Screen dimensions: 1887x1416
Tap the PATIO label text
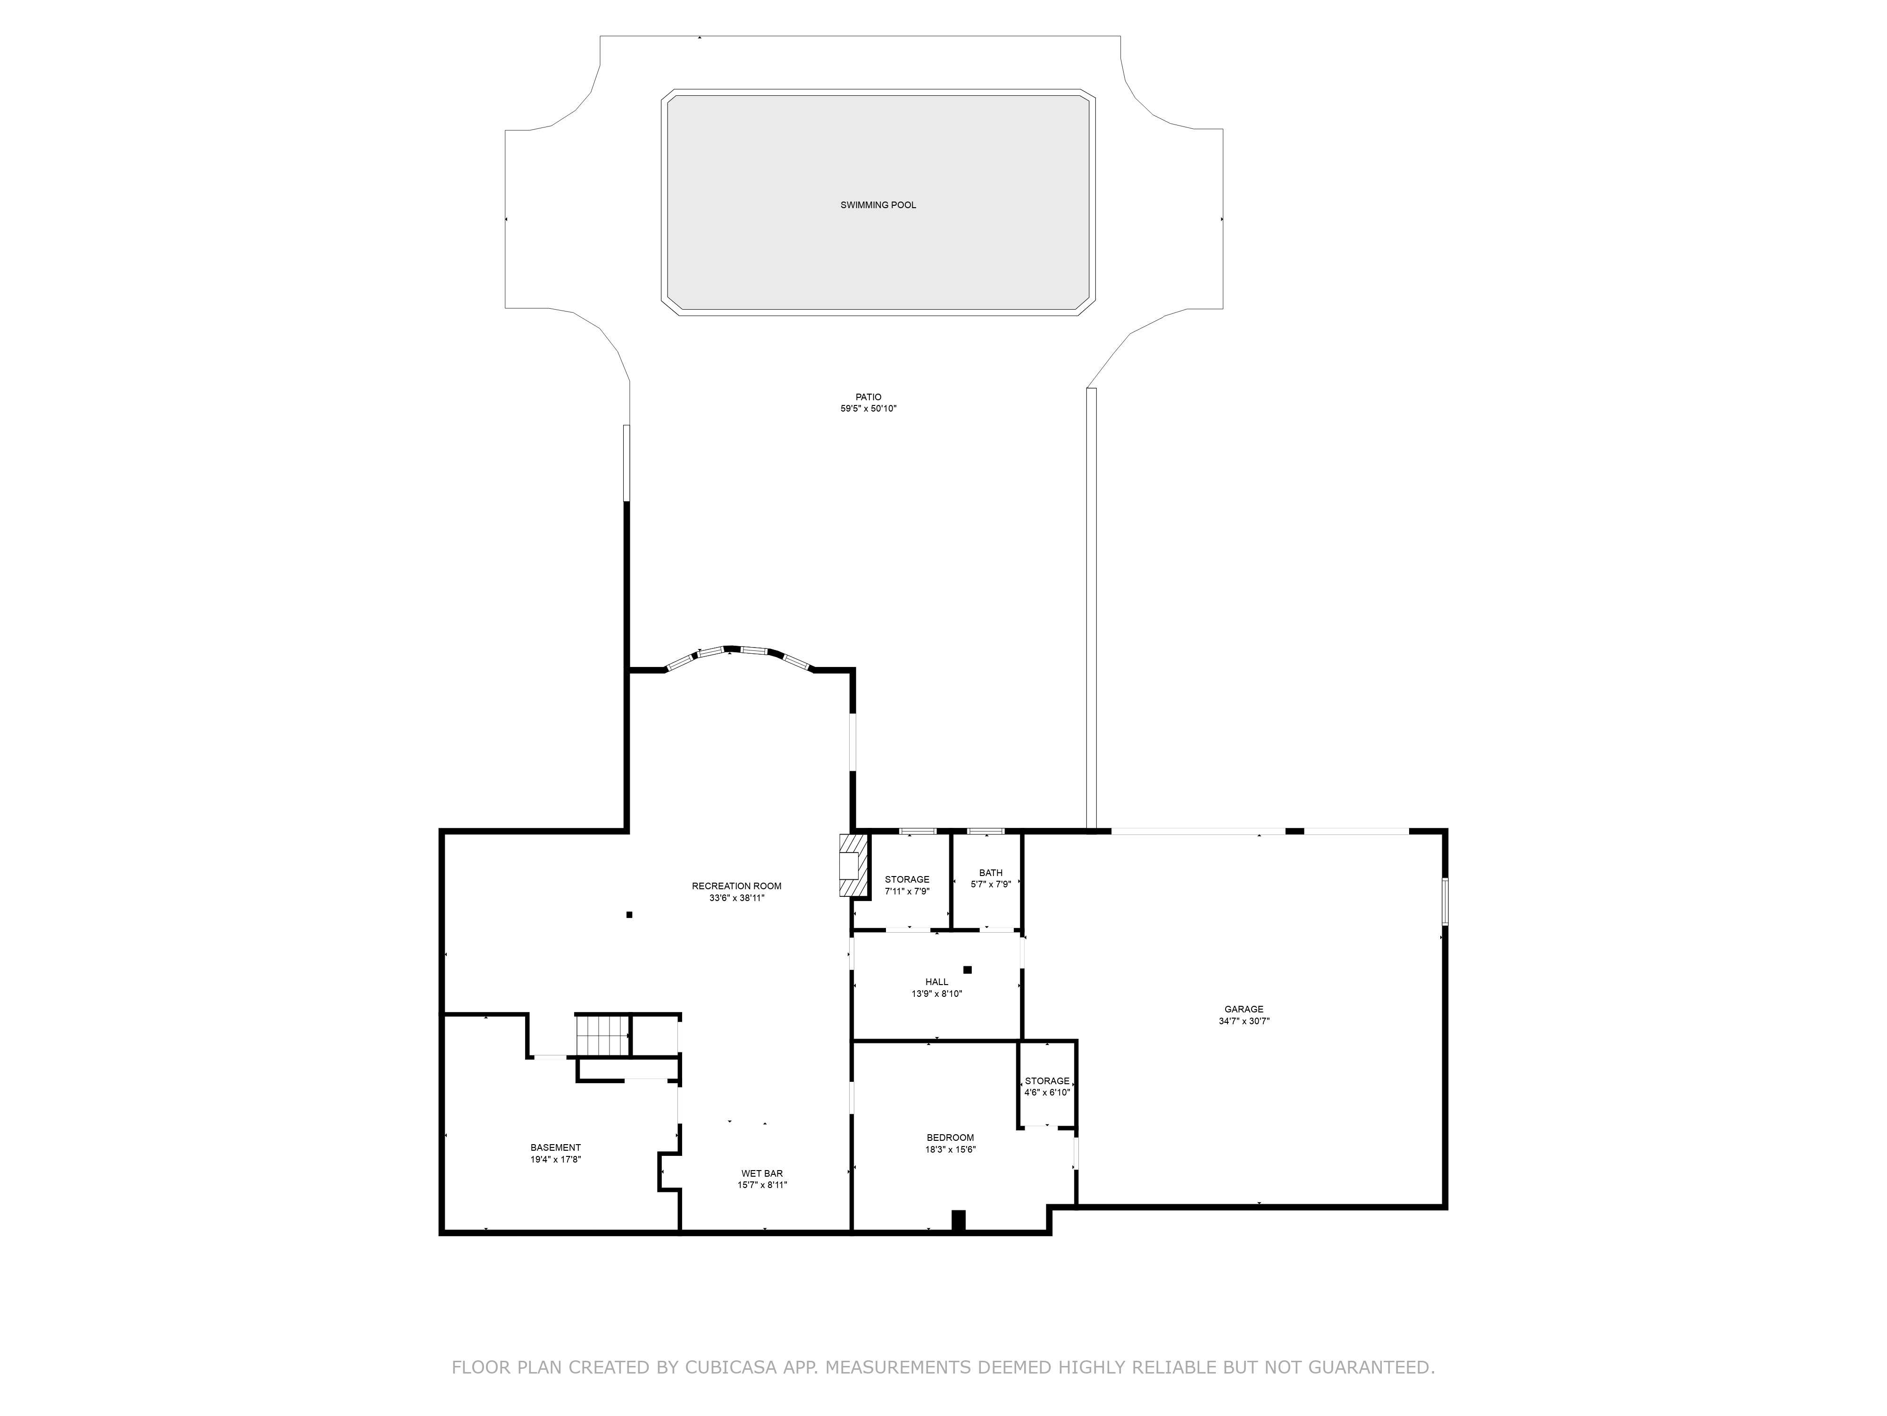(x=868, y=397)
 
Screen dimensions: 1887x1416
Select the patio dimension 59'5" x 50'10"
(x=868, y=409)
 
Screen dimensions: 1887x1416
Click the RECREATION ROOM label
(x=736, y=886)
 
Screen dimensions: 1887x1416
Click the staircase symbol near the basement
(x=602, y=1035)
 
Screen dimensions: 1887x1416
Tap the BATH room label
(x=990, y=872)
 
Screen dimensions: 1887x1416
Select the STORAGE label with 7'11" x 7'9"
(x=907, y=879)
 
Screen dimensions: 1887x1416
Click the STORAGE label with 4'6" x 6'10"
(x=1047, y=1080)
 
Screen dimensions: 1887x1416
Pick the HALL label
(x=937, y=982)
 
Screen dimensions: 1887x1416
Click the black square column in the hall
(x=968, y=969)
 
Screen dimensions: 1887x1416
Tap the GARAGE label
(x=1244, y=1009)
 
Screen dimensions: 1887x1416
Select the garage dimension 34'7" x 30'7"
(x=1244, y=1021)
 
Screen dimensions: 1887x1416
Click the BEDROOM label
(x=950, y=1138)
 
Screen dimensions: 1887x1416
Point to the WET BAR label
(x=762, y=1173)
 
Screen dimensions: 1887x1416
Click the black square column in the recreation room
(x=630, y=915)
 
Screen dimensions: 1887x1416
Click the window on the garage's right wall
(x=1445, y=902)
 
